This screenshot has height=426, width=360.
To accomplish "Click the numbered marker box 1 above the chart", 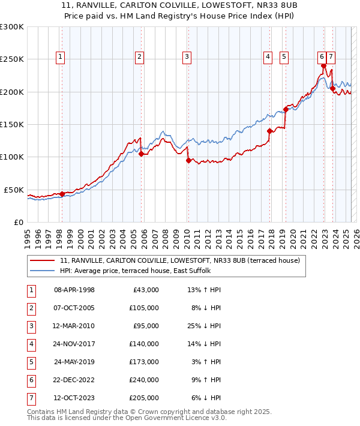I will pyautogui.click(x=61, y=57).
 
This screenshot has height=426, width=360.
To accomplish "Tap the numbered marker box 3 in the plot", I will pyautogui.click(x=187, y=57).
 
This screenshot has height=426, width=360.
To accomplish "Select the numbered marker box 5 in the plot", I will pyautogui.click(x=283, y=57).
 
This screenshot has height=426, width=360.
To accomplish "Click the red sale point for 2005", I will pyautogui.click(x=142, y=154).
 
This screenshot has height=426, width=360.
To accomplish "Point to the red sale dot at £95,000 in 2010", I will pyautogui.click(x=188, y=160).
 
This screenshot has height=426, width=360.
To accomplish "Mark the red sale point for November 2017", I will pyautogui.click(x=269, y=131).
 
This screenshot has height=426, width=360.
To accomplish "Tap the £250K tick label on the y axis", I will pyautogui.click(x=12, y=59).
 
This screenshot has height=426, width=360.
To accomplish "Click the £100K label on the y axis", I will pyautogui.click(x=12, y=157).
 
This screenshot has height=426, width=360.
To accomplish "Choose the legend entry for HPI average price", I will pyautogui.click(x=135, y=271).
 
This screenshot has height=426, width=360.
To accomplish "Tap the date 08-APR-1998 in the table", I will pyautogui.click(x=74, y=290).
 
